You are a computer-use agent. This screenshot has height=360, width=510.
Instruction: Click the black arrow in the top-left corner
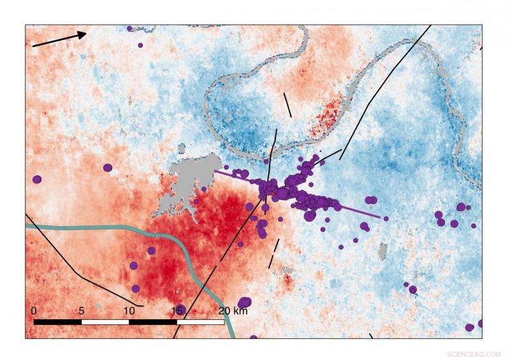59,39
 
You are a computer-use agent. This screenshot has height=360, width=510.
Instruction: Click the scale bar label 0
34,310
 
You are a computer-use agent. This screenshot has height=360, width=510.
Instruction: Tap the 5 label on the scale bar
82,310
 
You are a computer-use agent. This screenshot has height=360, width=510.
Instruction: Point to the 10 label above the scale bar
129,310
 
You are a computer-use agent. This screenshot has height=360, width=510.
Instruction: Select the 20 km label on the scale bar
233,310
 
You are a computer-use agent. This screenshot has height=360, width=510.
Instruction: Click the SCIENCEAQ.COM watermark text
473,352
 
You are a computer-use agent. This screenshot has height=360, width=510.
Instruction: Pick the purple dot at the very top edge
129,28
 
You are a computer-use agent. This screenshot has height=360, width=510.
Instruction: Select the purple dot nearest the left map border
37,179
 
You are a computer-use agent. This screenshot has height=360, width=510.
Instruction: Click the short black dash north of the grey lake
288,105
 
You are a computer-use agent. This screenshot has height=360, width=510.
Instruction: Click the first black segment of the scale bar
57,322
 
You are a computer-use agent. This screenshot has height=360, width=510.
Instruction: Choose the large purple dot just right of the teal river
244,302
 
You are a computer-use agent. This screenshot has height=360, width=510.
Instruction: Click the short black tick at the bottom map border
371,335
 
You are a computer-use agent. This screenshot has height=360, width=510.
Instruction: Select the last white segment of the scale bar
200,322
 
